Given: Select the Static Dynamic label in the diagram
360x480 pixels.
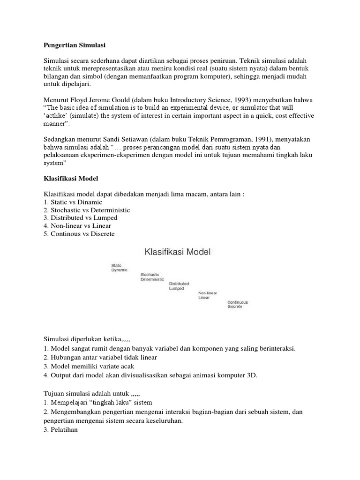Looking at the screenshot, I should (119, 268).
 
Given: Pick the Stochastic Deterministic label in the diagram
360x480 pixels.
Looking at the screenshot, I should (152, 277).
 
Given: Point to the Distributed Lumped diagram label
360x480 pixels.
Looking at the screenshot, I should (179, 286).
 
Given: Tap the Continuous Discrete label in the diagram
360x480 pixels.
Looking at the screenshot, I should (238, 304).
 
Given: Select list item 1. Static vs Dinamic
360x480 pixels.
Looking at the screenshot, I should (73, 202).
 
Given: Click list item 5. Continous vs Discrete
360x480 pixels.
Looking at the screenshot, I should (79, 234).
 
